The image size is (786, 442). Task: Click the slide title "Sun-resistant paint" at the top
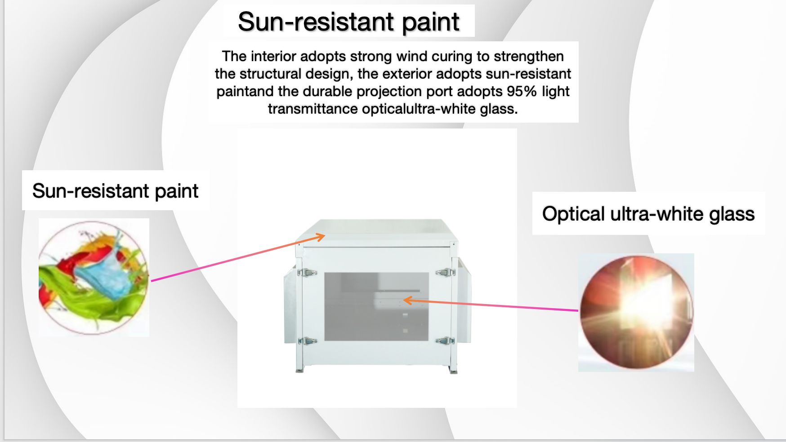point(348,22)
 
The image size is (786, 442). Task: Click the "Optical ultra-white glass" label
point(648,214)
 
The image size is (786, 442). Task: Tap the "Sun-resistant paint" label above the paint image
point(115,191)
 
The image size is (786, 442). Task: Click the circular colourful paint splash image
point(94,278)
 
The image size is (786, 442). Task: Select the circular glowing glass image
point(636,312)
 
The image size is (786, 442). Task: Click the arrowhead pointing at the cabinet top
point(320,236)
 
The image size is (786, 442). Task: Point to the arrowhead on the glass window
point(407,300)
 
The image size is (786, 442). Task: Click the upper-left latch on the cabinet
point(307,272)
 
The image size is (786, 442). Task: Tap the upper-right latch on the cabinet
point(445,272)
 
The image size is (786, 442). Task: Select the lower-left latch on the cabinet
point(307,341)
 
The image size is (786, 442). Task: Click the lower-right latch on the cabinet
point(445,341)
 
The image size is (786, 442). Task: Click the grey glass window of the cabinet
point(376,306)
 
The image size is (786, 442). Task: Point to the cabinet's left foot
point(300,369)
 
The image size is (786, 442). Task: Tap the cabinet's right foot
point(453,370)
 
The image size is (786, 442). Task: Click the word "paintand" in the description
point(245,91)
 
